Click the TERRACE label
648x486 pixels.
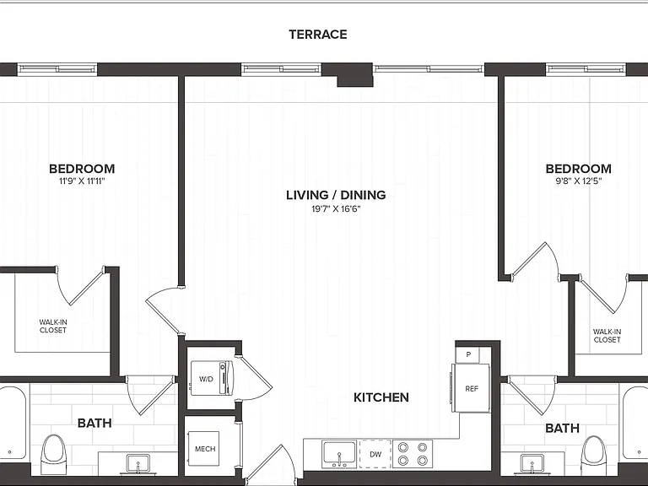[x=318, y=35]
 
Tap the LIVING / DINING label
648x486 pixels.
[x=336, y=195]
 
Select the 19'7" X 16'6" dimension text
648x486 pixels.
[x=336, y=208]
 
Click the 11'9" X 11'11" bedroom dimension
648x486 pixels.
[x=82, y=181]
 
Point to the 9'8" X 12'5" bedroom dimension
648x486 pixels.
[x=578, y=181]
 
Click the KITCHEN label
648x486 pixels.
[x=381, y=397]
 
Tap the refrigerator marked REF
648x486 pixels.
[x=471, y=388]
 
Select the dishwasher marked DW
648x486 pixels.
[x=375, y=454]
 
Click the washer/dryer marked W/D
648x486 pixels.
[x=211, y=378]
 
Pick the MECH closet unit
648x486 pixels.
[x=203, y=448]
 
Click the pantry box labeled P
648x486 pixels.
[x=467, y=354]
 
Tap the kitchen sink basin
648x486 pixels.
[x=339, y=454]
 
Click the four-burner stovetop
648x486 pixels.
[x=413, y=454]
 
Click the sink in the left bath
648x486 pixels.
[x=138, y=463]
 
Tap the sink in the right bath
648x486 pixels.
[x=532, y=463]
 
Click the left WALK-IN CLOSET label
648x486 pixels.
[x=53, y=326]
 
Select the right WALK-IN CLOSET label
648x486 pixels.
[x=607, y=336]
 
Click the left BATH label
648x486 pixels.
[x=94, y=424]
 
